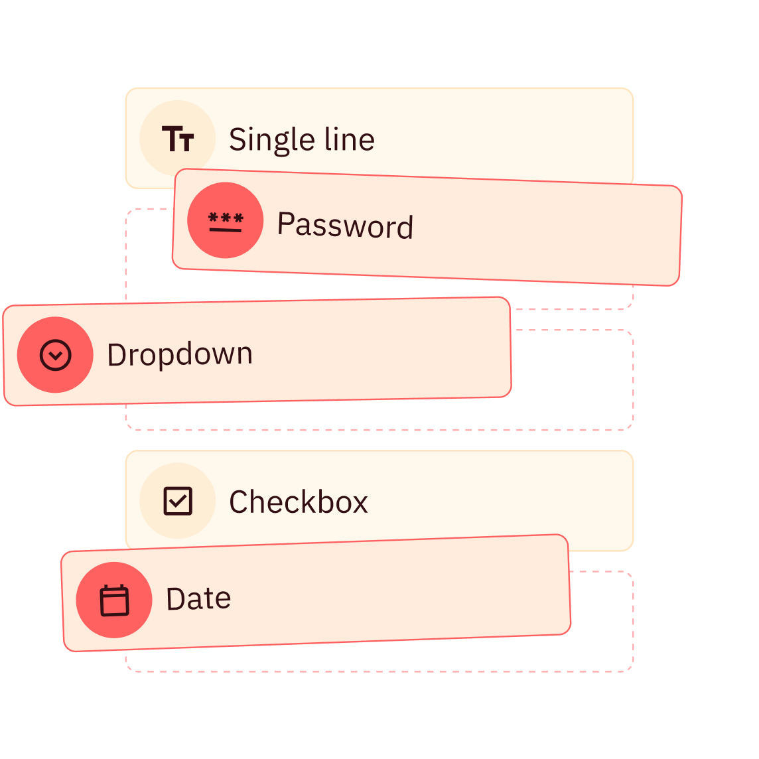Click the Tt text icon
(178, 139)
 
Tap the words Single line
(302, 141)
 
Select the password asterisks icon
(226, 222)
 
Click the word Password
(345, 225)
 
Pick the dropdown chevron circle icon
(56, 355)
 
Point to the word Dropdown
(180, 354)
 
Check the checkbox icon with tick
(178, 501)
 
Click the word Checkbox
(298, 502)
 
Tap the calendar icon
(114, 600)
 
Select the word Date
(198, 599)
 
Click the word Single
(271, 141)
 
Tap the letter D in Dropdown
(117, 355)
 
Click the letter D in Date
(176, 599)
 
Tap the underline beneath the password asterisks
(225, 230)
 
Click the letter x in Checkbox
(358, 505)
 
